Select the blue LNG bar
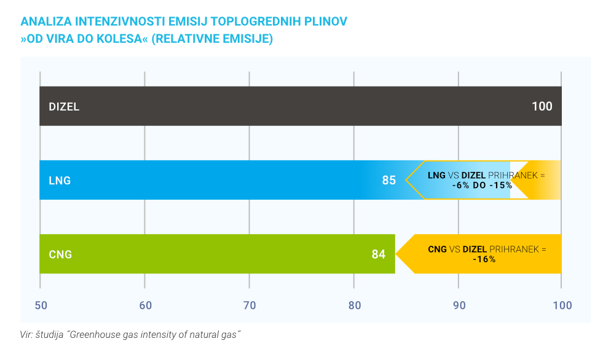[209, 181]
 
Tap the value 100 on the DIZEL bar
[542, 106]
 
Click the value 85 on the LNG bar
[388, 181]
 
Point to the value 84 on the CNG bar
[378, 254]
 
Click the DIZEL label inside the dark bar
[64, 107]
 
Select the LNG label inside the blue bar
[60, 181]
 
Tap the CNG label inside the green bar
[60, 254]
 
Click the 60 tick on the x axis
[144, 305]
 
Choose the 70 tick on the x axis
[249, 305]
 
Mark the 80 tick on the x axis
[354, 305]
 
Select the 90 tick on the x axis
[459, 305]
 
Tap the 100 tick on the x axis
[561, 305]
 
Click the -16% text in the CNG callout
[484, 259]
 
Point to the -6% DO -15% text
[482, 186]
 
